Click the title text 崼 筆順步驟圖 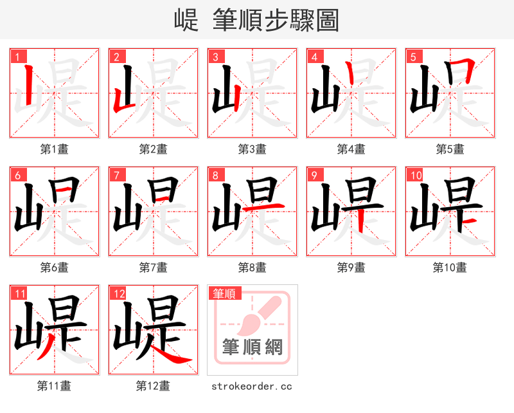(x=256, y=21)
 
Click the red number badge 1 (x=17, y=57)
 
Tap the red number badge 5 (x=412, y=57)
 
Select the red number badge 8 (x=215, y=175)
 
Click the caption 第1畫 (x=55, y=149)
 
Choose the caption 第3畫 (x=253, y=149)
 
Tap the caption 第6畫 (x=55, y=267)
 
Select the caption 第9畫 (x=351, y=267)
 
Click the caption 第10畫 (x=450, y=267)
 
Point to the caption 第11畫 (x=55, y=386)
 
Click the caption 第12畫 (x=154, y=386)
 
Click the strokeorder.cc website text (x=253, y=386)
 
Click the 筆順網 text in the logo (x=253, y=348)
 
